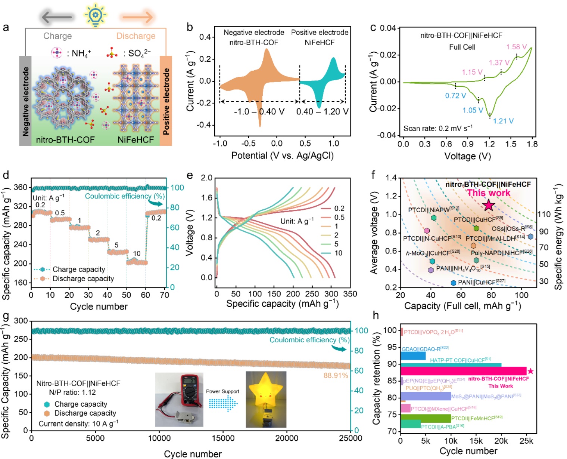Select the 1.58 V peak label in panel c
516,47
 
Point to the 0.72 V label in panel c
455,96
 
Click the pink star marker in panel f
489,205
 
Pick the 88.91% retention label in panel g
336,375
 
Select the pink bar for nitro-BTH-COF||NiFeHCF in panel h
463,371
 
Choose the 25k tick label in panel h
526,441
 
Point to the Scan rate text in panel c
438,129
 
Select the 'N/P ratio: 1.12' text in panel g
72,392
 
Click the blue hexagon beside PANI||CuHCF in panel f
453,283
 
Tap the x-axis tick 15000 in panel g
223,438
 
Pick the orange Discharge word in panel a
136,36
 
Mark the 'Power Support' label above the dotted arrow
222,391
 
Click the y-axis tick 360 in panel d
21,187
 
